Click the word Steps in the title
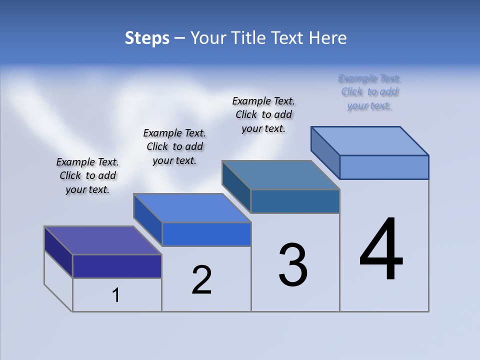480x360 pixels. (147, 38)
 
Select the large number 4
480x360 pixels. (381, 249)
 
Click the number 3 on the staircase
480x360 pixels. (293, 265)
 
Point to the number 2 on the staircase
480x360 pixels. (201, 280)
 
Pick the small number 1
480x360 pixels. (116, 295)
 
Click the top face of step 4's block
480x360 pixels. (370, 141)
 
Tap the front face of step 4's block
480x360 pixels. (384, 167)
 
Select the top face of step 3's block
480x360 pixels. (281, 175)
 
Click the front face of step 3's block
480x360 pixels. (295, 201)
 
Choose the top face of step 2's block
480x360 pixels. (192, 208)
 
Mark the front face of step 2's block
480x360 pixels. (206, 234)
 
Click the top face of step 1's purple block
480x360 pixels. (103, 240)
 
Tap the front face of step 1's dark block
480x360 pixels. (117, 266)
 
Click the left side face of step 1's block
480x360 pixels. (58, 252)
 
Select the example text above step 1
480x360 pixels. (87, 175)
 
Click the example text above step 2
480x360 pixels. (174, 146)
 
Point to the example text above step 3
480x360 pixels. (263, 114)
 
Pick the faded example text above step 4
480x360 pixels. (369, 92)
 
